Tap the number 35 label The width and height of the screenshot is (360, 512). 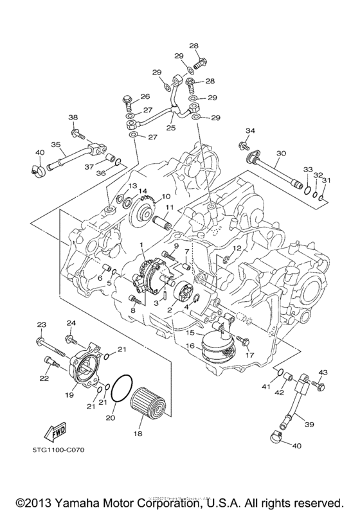pos(55,145)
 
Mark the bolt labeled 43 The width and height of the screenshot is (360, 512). pos(319,387)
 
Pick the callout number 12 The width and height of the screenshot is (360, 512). pos(237,248)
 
